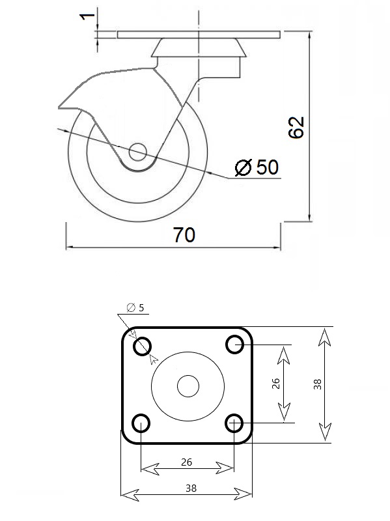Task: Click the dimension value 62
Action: pos(296,127)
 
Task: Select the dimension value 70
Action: pos(184,235)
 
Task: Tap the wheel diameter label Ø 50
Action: pos(257,167)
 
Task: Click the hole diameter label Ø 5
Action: pos(135,308)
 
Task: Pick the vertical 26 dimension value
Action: pos(275,384)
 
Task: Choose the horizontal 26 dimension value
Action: pos(187,462)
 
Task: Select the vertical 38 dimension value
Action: pos(318,384)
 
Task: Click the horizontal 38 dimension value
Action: pos(191,488)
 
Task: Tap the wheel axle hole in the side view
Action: pos(138,152)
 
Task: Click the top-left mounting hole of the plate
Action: pos(142,346)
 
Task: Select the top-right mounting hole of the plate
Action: pos(235,345)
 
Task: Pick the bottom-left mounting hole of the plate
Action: pos(141,423)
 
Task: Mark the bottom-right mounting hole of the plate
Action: pos(234,423)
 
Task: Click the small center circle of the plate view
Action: pos(188,386)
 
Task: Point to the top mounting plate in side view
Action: pos(199,35)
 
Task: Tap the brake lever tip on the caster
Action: pos(59,107)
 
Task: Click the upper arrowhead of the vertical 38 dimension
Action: pos(324,336)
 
